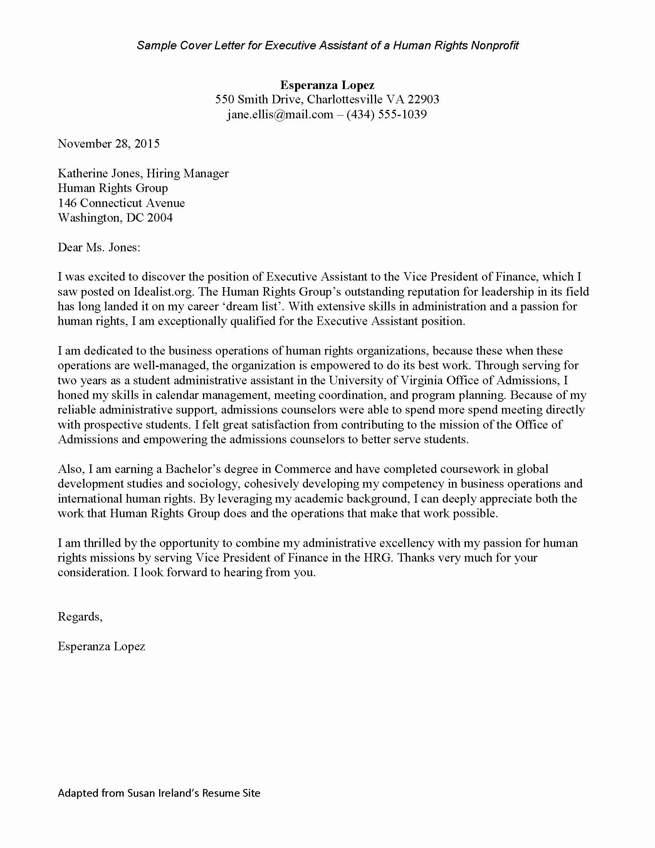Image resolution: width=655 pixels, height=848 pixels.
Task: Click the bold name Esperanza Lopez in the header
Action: click(327, 85)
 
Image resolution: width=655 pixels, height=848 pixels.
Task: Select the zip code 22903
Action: click(423, 99)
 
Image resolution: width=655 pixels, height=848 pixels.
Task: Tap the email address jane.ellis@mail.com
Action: click(280, 114)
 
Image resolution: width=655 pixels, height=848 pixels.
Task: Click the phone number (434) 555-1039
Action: click(386, 114)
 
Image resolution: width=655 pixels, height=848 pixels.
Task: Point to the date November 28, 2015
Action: click(109, 144)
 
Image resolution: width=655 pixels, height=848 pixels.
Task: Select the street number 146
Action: click(67, 203)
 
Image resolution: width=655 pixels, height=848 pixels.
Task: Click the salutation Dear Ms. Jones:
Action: click(99, 247)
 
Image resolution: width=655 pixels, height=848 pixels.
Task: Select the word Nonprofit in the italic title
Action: click(495, 46)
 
